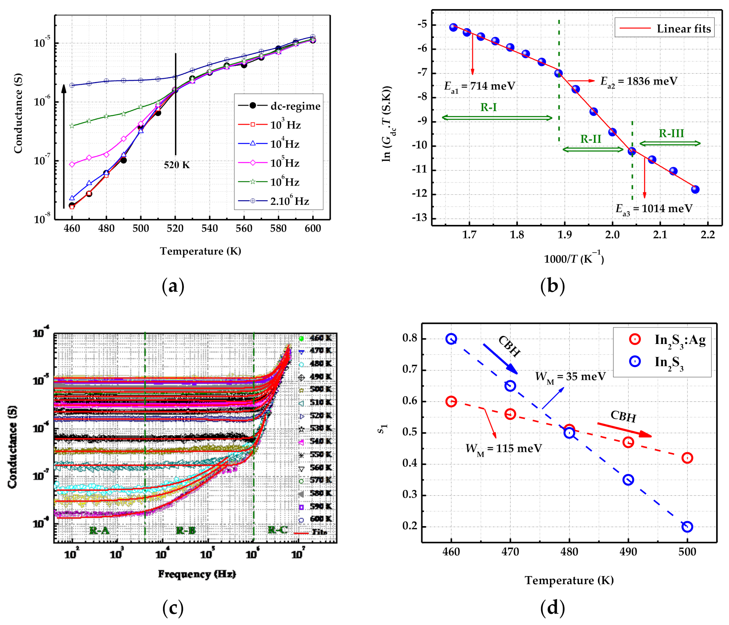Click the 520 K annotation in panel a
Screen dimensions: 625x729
(177, 165)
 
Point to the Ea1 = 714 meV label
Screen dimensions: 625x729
(479, 86)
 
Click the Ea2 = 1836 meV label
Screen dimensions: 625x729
(639, 81)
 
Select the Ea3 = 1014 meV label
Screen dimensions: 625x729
(654, 209)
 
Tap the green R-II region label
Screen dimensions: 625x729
(591, 139)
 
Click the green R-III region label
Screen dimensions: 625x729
(671, 134)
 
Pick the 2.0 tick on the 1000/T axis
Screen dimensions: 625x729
(612, 234)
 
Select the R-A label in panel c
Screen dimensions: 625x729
(99, 530)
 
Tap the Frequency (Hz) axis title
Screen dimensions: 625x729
(197, 574)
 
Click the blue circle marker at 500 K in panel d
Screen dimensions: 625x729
(687, 526)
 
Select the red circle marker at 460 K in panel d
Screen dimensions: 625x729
(451, 401)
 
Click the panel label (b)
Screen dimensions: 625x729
(552, 286)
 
